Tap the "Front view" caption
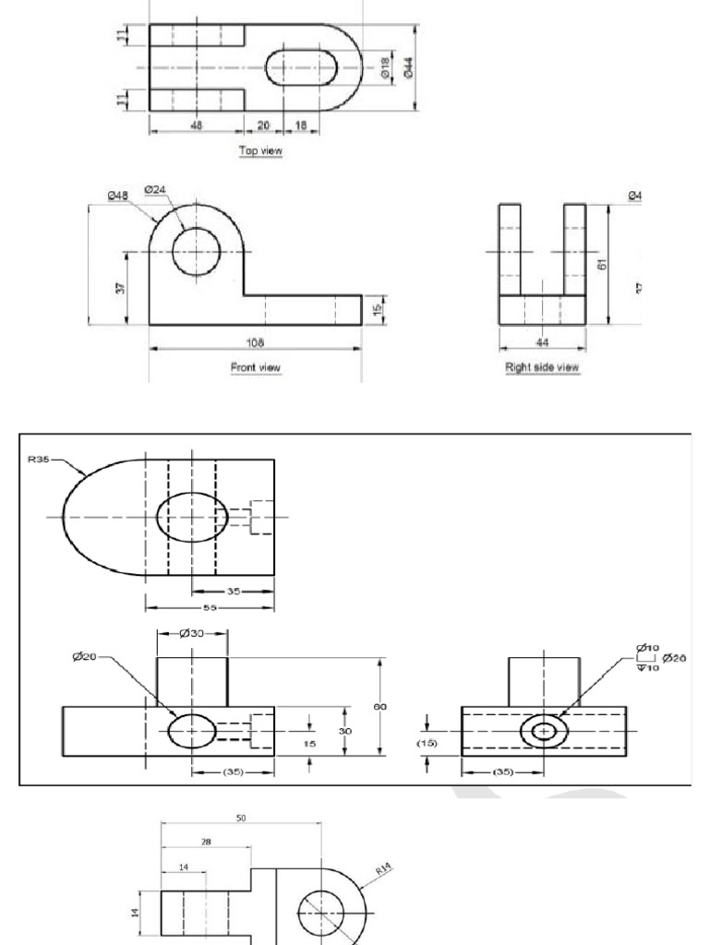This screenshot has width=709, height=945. [x=255, y=367]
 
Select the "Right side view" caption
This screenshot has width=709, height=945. [x=542, y=367]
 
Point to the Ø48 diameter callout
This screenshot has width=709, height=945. [x=117, y=195]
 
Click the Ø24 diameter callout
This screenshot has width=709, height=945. [x=155, y=190]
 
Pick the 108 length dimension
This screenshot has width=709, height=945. [x=255, y=341]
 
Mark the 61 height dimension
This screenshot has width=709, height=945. [x=601, y=264]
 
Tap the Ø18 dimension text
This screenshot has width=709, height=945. [x=385, y=67]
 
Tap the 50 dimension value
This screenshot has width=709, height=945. [x=241, y=818]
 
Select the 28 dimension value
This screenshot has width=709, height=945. [x=205, y=841]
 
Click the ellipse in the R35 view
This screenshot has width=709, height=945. [x=192, y=516]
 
